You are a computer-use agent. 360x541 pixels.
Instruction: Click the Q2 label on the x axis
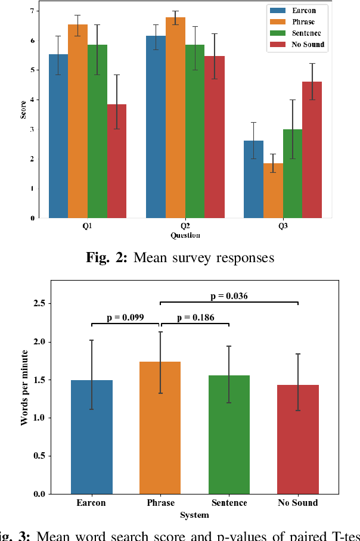point(185,227)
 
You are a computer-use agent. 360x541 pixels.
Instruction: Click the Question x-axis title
point(185,235)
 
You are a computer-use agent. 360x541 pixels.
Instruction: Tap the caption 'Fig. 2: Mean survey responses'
point(180,258)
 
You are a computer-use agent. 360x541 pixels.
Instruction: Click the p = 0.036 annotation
point(229,296)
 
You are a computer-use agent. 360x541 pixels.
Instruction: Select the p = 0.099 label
point(125,318)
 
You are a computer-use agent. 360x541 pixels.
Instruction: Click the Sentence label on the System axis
point(229,503)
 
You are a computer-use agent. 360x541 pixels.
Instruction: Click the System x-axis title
point(194,515)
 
